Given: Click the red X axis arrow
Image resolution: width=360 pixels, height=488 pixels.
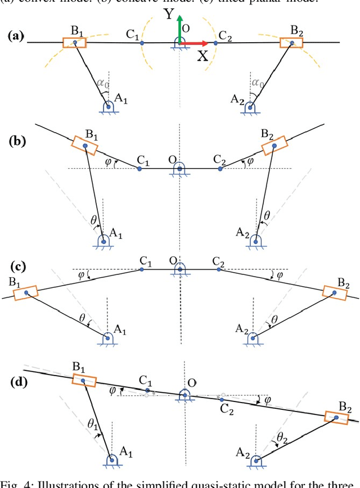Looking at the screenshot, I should coord(197,43).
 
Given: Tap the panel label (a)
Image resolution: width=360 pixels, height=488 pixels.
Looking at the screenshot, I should coord(15,37).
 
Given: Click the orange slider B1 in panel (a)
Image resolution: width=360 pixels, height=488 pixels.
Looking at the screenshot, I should coord(74,43).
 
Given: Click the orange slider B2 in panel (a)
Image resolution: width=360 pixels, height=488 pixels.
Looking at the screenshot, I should coord(292,43).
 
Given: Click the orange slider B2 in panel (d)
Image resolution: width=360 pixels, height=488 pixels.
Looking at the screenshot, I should coord(337,418).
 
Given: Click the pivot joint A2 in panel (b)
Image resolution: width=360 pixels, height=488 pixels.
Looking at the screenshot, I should coord(256,239).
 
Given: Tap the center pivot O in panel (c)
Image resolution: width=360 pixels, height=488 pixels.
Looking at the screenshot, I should coord(180,270).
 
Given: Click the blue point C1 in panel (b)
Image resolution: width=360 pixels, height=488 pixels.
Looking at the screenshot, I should coord(139,168).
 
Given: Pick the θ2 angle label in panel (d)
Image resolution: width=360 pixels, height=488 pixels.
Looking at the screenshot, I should coord(280,438).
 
